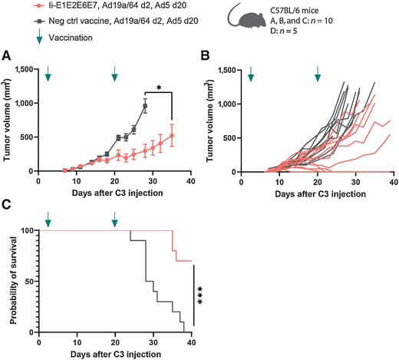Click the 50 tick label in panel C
(33, 281)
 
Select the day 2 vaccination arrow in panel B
(250, 74)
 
